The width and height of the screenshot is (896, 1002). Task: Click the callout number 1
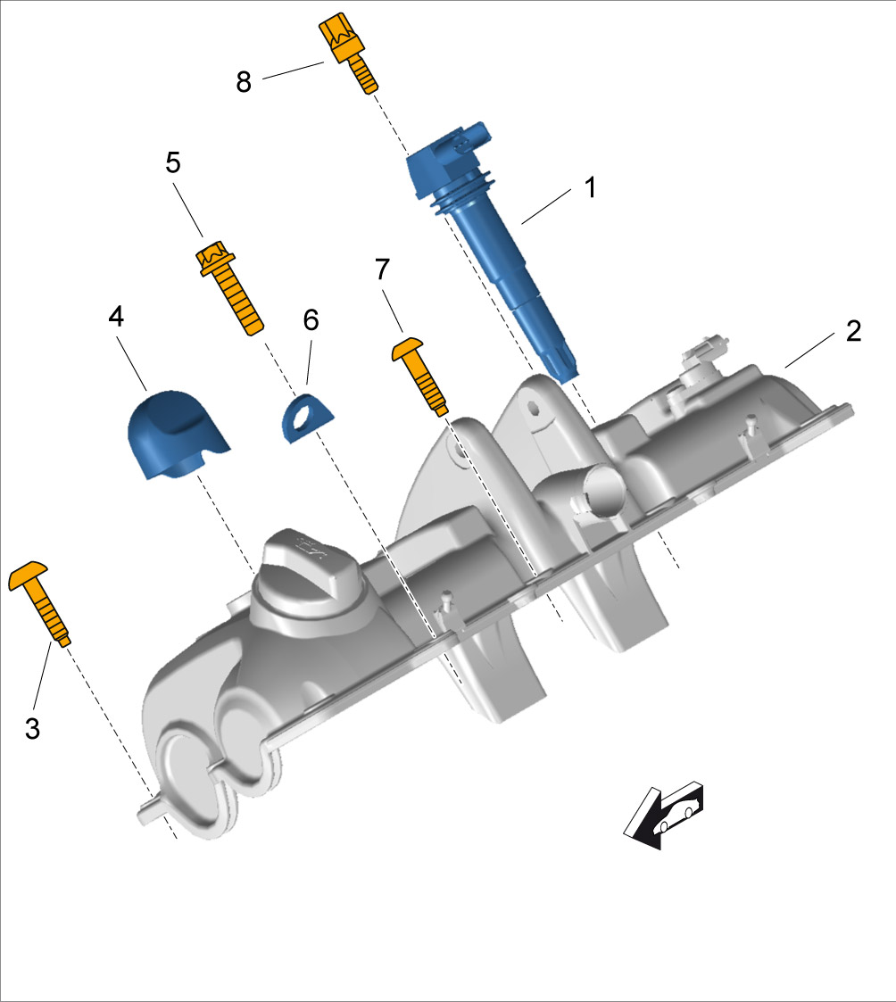(x=591, y=188)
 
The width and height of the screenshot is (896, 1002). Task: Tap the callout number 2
(x=853, y=331)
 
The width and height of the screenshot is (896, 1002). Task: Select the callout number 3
(x=33, y=728)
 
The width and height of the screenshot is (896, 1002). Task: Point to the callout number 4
(x=116, y=317)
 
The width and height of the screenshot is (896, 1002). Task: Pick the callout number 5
(x=172, y=163)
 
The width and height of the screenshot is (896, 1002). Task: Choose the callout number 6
(x=311, y=320)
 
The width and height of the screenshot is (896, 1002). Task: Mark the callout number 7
(x=382, y=269)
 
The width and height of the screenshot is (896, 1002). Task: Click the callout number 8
(x=244, y=82)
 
